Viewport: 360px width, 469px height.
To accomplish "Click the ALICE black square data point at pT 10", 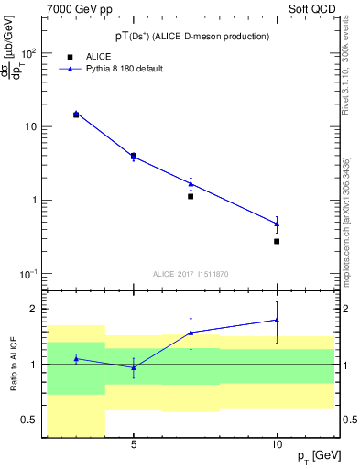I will click(277, 241).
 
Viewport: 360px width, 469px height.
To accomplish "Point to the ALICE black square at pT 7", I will click(191, 196).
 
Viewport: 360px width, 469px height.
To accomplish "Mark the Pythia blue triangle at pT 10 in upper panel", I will click(277, 224).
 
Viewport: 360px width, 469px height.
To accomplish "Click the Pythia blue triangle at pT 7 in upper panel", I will click(191, 184).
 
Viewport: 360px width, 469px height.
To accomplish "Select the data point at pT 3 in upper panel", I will click(76, 115).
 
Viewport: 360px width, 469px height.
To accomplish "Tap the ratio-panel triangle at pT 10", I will click(277, 320).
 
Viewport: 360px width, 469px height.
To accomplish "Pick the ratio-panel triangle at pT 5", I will click(134, 367).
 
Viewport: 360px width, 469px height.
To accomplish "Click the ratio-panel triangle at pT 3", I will click(76, 358).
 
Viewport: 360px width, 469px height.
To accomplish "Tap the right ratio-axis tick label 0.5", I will click(349, 420).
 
